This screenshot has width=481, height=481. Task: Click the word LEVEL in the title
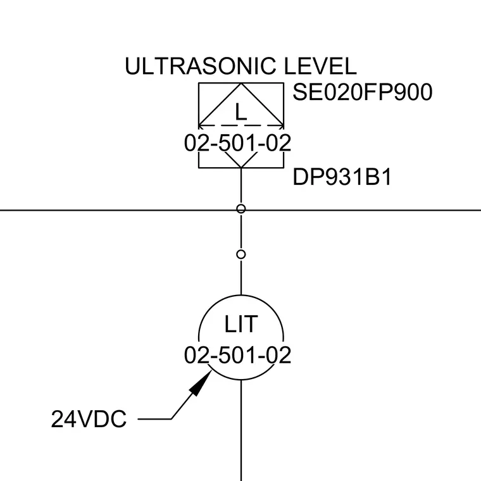pyautogui.click(x=320, y=66)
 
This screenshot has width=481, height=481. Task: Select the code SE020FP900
pyautogui.click(x=363, y=92)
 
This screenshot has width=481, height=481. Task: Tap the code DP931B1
pyautogui.click(x=342, y=177)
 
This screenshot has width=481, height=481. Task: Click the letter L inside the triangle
pyautogui.click(x=240, y=112)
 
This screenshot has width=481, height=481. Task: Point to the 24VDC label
pyautogui.click(x=89, y=419)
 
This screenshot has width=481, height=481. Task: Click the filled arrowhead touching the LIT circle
pyautogui.click(x=201, y=382)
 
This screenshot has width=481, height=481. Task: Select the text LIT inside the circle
pyautogui.click(x=240, y=324)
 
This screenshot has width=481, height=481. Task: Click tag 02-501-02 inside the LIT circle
pyautogui.click(x=237, y=355)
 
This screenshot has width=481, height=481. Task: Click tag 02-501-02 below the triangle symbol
pyautogui.click(x=237, y=142)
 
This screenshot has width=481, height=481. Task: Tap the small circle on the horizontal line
pyautogui.click(x=241, y=209)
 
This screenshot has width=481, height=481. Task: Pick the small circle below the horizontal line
pyautogui.click(x=241, y=254)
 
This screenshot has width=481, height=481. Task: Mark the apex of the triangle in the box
pyautogui.click(x=241, y=83)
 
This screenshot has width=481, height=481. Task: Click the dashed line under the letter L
pyautogui.click(x=241, y=125)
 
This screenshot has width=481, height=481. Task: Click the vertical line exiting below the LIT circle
pyautogui.click(x=241, y=430)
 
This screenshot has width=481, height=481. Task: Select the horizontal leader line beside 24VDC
pyautogui.click(x=154, y=419)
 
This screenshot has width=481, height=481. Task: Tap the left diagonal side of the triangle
pyautogui.click(x=220, y=104)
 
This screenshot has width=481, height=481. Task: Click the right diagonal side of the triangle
pyautogui.click(x=262, y=104)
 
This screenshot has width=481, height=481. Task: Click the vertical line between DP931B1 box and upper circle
pyautogui.click(x=241, y=186)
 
